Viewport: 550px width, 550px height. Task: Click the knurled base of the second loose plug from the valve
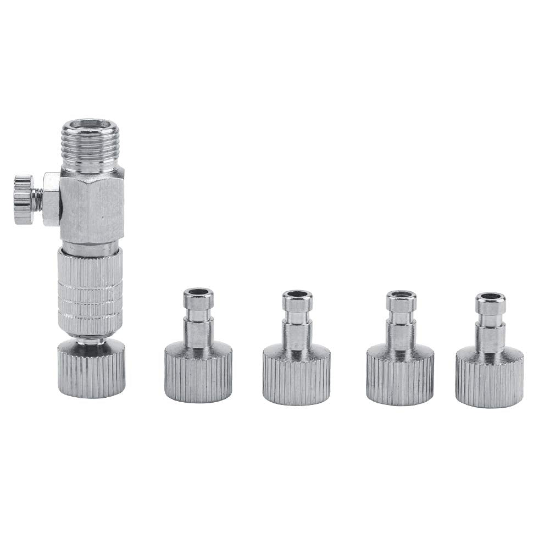(x=297, y=379)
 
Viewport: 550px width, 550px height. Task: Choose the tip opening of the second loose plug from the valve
(x=298, y=295)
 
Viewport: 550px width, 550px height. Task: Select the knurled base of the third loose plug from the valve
(x=401, y=379)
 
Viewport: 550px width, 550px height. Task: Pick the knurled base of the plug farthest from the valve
(x=490, y=379)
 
